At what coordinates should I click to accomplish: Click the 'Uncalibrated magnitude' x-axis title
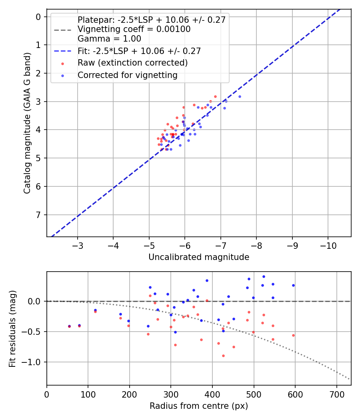(199, 257)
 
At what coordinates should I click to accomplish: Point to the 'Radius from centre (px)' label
(199, 406)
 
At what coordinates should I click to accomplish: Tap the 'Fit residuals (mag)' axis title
(12, 328)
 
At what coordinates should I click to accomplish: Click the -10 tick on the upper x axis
(328, 245)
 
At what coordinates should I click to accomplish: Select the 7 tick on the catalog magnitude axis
(39, 215)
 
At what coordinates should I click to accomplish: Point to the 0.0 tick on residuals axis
(36, 301)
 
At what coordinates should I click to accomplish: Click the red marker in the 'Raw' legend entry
(62, 63)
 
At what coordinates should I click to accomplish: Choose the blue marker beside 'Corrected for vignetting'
(62, 75)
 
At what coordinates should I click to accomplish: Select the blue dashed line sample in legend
(62, 51)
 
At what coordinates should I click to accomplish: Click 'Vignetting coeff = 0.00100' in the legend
(134, 29)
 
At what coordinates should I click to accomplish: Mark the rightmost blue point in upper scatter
(240, 96)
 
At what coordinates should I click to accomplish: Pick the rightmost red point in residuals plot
(293, 335)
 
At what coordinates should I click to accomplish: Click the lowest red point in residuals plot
(223, 356)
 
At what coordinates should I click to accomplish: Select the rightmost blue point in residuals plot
(293, 285)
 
